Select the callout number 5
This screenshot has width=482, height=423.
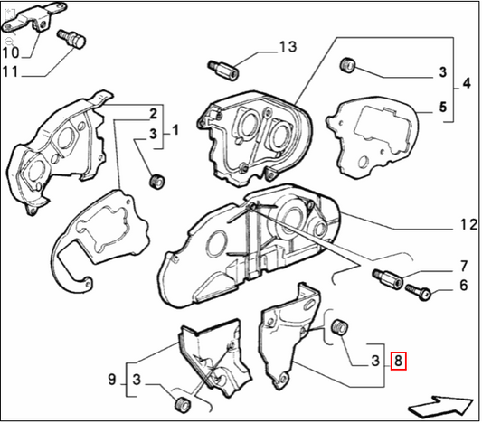coord(443,107)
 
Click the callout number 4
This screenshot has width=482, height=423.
coord(466,84)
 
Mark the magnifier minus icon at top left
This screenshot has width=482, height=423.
coord(8,42)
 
